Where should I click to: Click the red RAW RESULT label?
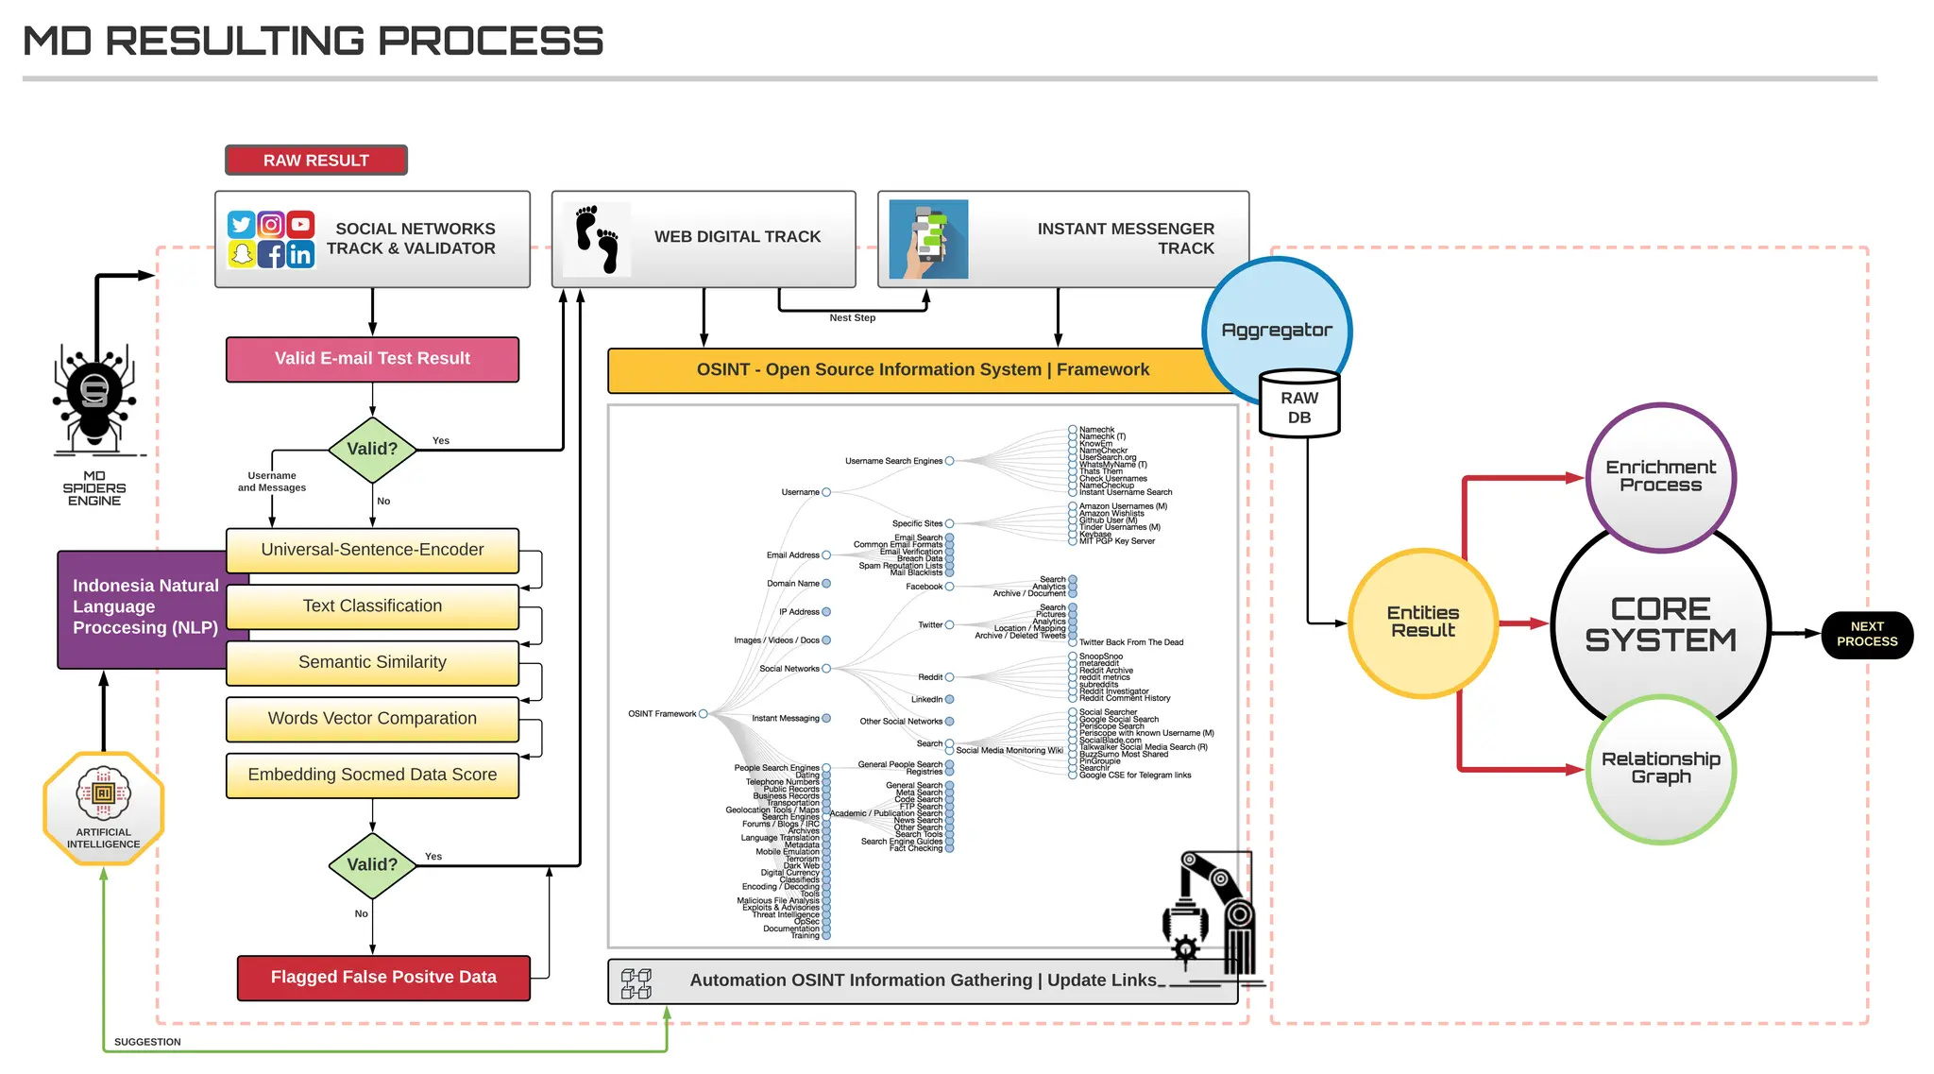[315, 161]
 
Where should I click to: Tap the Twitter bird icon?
[241, 225]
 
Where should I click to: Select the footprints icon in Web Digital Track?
[597, 239]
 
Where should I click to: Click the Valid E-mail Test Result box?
[372, 359]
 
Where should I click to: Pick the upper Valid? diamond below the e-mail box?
[372, 450]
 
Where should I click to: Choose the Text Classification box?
[372, 606]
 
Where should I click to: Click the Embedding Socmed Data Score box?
[372, 775]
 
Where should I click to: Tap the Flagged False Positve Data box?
[383, 978]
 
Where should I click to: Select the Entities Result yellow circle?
[1422, 622]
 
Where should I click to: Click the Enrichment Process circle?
[1660, 476]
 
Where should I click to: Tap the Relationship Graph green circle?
[1660, 768]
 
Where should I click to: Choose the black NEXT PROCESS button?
[1866, 634]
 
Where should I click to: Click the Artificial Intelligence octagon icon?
[104, 808]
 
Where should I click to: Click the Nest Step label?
[852, 318]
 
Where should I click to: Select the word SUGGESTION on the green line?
[147, 1042]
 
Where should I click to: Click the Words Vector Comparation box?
[372, 719]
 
